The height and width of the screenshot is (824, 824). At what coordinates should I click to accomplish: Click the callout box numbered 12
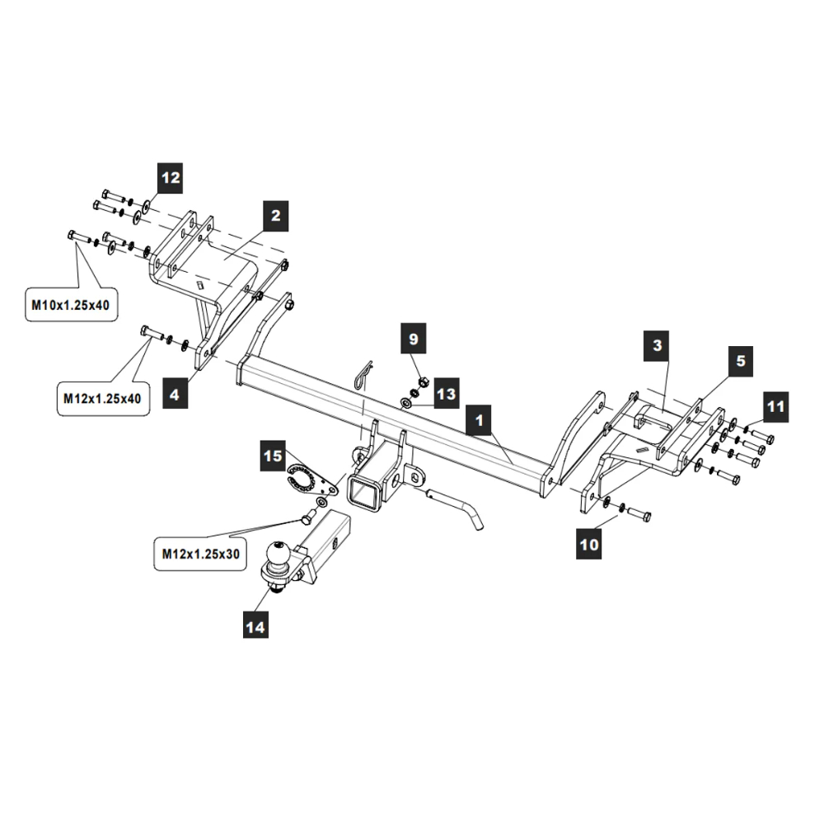pyautogui.click(x=171, y=178)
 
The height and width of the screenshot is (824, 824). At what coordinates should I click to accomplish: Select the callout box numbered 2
pyautogui.click(x=276, y=216)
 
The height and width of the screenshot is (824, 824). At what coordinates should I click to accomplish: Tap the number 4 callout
pyautogui.click(x=174, y=395)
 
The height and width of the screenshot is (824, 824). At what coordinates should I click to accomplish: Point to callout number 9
pyautogui.click(x=414, y=338)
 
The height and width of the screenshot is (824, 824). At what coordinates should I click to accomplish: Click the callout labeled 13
pyautogui.click(x=446, y=395)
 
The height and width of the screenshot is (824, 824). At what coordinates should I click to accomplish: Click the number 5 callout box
pyautogui.click(x=740, y=360)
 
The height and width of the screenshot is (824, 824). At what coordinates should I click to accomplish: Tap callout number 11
pyautogui.click(x=775, y=406)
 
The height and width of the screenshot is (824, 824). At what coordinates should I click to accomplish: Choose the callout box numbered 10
pyautogui.click(x=589, y=544)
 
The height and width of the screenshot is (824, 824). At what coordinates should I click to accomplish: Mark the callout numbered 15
pyautogui.click(x=273, y=455)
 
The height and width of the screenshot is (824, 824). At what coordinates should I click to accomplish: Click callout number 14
pyautogui.click(x=255, y=627)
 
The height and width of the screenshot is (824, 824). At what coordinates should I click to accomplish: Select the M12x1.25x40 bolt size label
pyautogui.click(x=103, y=399)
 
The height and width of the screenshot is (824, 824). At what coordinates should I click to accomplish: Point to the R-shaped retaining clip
pyautogui.click(x=363, y=375)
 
